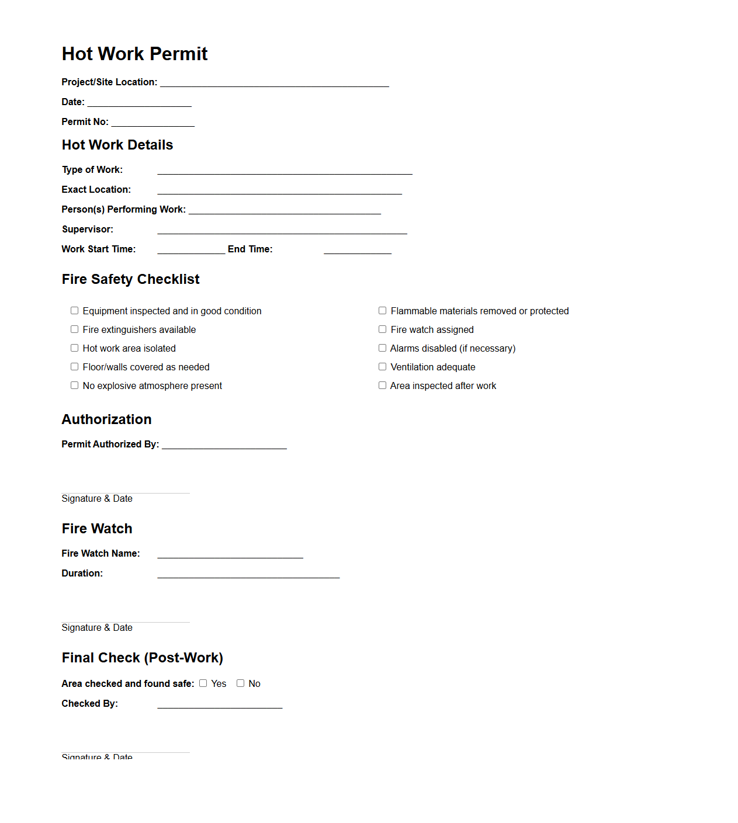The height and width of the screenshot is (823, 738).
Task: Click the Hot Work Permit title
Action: click(134, 54)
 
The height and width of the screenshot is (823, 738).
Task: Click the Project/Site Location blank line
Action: click(274, 84)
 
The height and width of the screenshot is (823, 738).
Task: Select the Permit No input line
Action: click(153, 123)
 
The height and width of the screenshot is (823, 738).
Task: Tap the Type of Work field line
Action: click(285, 171)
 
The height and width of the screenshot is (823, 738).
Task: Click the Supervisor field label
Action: click(88, 229)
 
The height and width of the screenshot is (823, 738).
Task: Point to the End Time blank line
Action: click(357, 251)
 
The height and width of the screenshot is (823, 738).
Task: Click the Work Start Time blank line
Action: click(191, 251)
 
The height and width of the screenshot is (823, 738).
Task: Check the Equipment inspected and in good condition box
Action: click(75, 311)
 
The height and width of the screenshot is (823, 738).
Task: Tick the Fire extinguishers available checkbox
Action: click(75, 329)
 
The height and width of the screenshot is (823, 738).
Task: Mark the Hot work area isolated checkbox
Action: click(75, 348)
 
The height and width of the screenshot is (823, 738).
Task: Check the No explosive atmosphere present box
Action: click(75, 386)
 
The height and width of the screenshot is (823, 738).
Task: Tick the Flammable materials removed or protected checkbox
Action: click(383, 311)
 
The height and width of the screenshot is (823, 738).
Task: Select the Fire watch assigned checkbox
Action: click(383, 329)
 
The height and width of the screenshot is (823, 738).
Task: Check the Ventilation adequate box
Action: click(383, 367)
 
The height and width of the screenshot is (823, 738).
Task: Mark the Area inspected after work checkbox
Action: click(383, 386)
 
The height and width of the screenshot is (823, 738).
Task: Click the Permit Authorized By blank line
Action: click(224, 446)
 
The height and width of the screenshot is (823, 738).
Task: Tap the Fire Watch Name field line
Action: click(230, 555)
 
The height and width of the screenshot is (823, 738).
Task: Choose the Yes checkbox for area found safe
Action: click(203, 683)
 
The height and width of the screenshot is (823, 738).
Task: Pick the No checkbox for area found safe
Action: click(240, 683)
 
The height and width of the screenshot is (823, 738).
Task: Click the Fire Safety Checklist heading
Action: click(130, 279)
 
